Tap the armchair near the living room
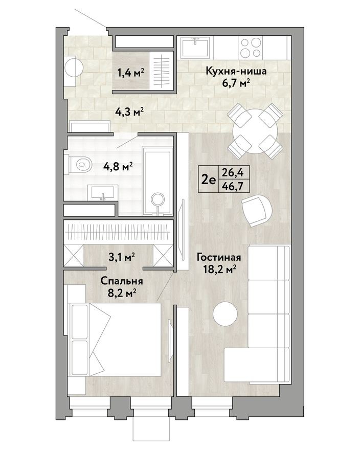255,210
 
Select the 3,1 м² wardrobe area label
121,257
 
